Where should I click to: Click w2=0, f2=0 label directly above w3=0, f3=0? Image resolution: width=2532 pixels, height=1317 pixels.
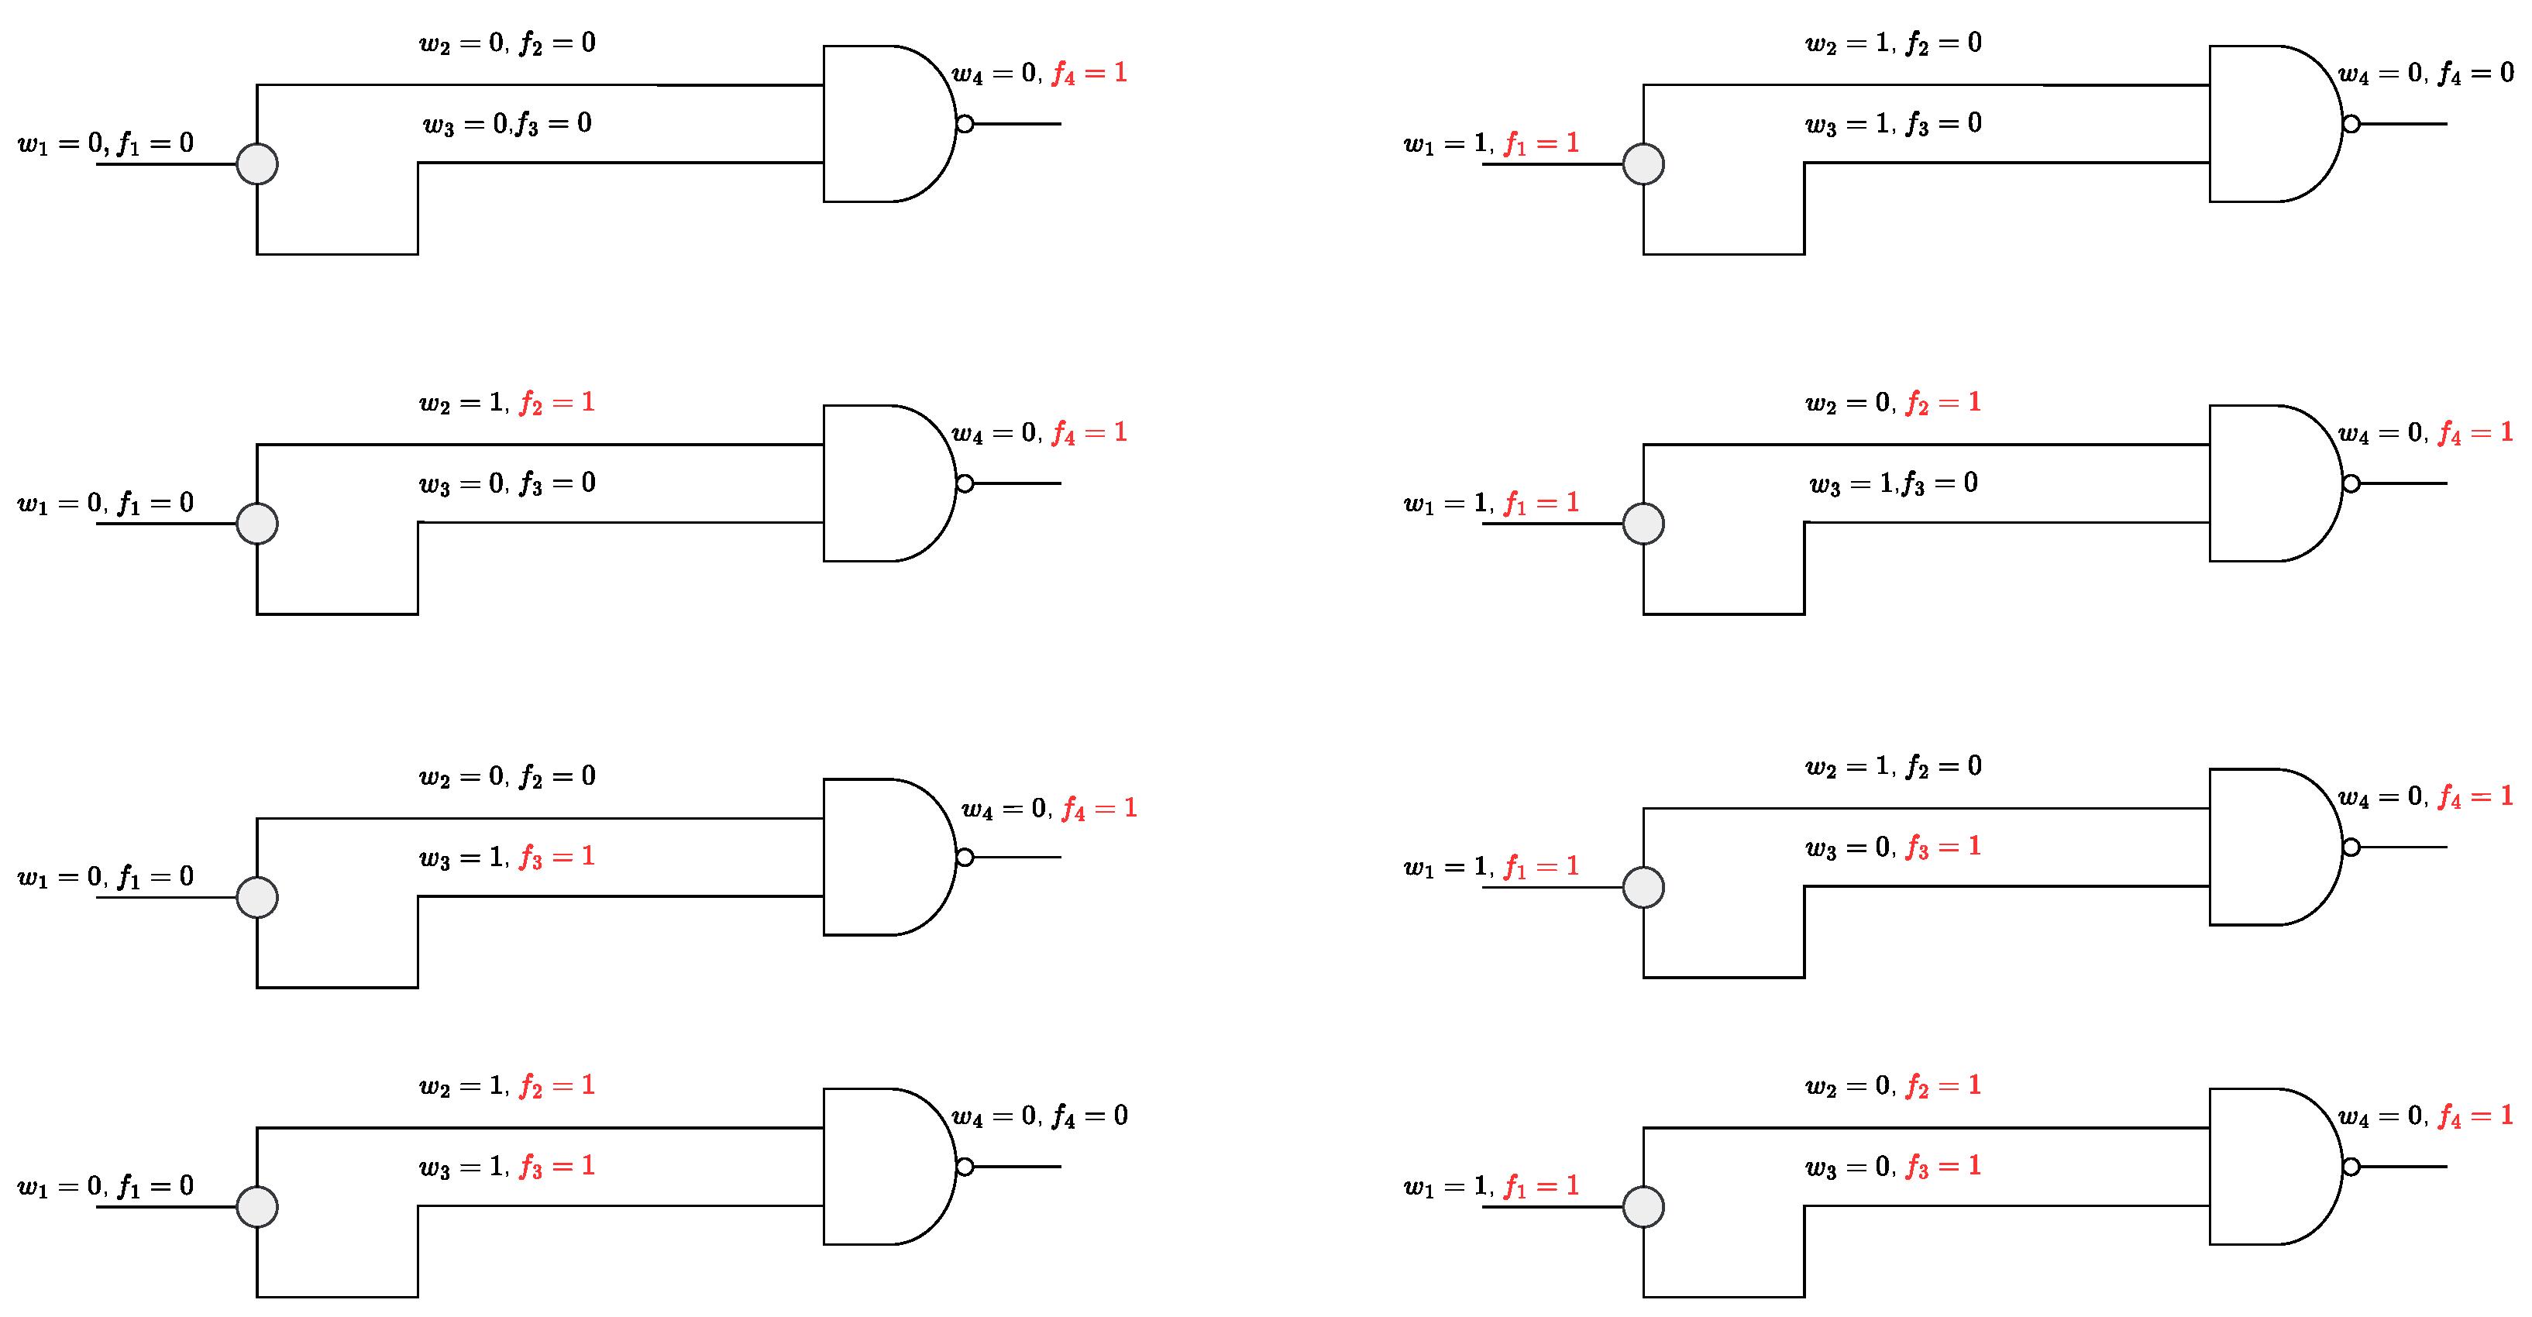pos(507,43)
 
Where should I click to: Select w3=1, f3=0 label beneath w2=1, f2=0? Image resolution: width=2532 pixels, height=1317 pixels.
pos(1893,124)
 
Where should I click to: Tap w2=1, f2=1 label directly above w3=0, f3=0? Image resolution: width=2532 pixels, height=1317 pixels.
pos(507,403)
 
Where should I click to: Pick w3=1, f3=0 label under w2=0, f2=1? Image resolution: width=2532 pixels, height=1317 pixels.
pos(1893,483)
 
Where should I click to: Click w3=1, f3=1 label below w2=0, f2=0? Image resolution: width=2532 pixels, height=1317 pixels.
pos(507,857)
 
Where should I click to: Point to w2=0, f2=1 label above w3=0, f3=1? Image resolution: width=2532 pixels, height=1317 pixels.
pos(1893,1086)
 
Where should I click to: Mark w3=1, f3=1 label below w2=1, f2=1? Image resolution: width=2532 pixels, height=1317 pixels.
pos(507,1167)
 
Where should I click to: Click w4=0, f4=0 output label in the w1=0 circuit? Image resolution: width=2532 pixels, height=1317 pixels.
pos(1040,1116)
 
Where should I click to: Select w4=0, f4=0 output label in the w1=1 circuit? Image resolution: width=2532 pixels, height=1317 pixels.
pos(2426,74)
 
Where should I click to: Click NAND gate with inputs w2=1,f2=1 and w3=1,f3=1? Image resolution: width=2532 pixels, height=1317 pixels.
pos(885,1167)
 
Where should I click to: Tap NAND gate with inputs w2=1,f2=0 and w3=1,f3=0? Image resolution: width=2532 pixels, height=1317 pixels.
pos(2271,124)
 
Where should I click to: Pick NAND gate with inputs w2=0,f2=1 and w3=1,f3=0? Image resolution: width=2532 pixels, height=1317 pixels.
pos(2271,483)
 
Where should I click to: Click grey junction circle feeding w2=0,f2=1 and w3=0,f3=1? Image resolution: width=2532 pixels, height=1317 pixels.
pos(1643,1207)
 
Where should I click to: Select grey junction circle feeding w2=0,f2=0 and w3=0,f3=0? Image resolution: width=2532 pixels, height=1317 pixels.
pos(257,164)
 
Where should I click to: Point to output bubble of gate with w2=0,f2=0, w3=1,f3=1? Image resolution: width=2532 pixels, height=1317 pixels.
pos(965,857)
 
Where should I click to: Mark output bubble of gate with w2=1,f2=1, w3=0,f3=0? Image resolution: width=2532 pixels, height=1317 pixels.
pos(965,483)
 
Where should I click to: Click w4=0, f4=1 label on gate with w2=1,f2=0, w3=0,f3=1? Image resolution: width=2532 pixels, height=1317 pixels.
pos(2426,797)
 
